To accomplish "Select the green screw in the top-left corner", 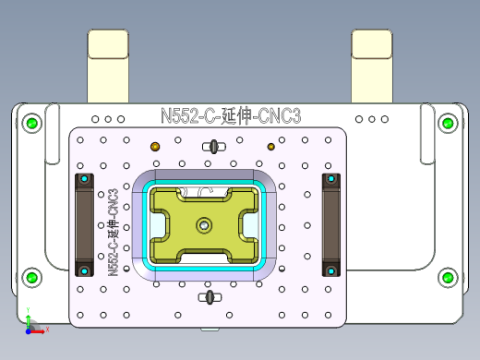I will tap(32, 123).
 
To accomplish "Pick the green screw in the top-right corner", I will tap(448, 123).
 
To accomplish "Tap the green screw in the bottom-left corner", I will tap(32, 277).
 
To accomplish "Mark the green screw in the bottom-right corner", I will tap(448, 277).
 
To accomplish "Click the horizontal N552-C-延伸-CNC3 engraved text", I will tap(231, 116).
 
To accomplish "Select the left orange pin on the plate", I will tap(155, 147).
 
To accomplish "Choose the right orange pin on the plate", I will tap(270, 147).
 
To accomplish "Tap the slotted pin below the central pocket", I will tap(210, 296).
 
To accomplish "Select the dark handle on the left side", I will tap(85, 223).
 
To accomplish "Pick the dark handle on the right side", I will tap(330, 223).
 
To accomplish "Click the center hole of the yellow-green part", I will tap(203, 223).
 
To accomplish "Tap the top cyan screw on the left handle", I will tap(85, 177).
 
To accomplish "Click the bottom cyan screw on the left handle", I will tap(85, 270).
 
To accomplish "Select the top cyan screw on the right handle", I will tap(330, 177).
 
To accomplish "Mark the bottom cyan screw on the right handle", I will tap(330, 270).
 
